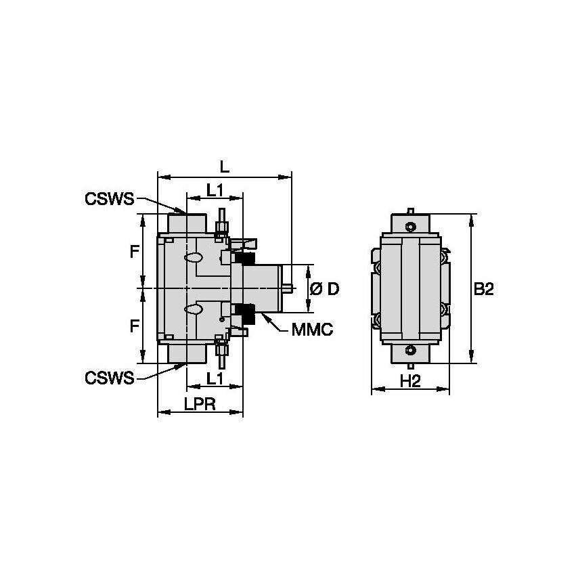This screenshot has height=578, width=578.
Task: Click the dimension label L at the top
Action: tap(224, 166)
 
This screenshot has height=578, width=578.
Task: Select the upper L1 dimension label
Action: tap(215, 192)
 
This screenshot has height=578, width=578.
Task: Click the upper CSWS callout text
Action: tap(110, 199)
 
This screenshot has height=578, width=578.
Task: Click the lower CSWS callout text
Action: tap(110, 377)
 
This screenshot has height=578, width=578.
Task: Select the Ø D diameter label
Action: tap(324, 289)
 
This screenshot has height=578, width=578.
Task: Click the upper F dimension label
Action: tap(135, 252)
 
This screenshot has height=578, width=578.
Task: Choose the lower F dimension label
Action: tap(135, 326)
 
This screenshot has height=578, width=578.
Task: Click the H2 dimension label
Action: tap(410, 381)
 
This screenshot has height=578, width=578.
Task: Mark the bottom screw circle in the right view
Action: tap(410, 351)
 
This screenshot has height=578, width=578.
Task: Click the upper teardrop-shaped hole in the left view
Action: tap(194, 258)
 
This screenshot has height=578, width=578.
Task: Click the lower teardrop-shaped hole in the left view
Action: tap(194, 309)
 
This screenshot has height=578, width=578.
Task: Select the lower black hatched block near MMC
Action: tap(247, 313)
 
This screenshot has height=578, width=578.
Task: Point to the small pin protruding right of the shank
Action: tap(288, 288)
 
